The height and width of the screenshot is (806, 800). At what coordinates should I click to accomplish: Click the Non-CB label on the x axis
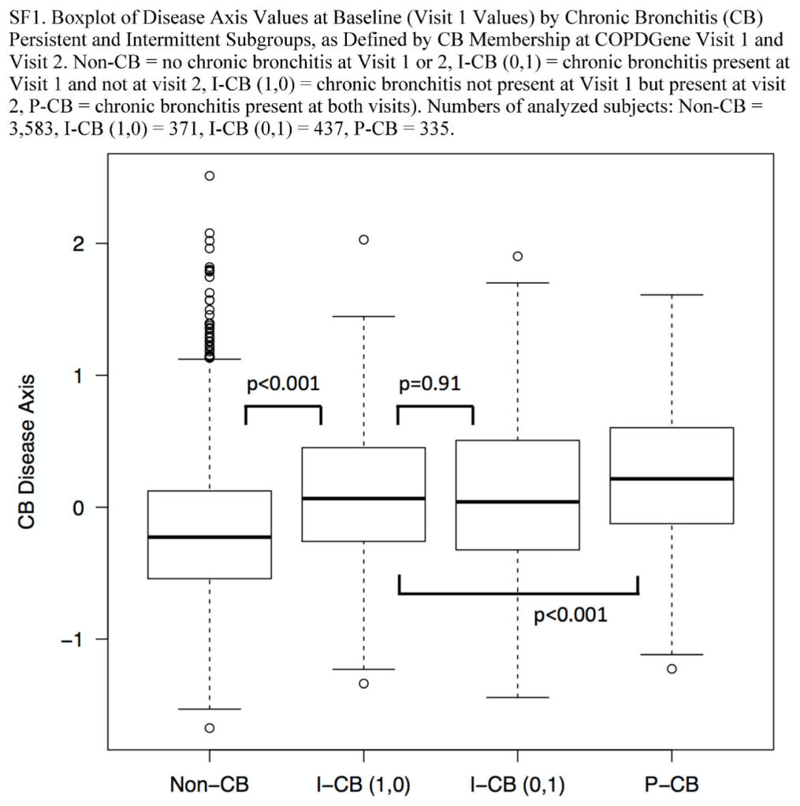[209, 785]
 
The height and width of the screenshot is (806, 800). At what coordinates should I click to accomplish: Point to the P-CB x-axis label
[672, 785]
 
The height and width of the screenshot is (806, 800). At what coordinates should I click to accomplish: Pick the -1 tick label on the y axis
[73, 639]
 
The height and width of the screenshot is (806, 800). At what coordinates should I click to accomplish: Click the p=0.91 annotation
[430, 384]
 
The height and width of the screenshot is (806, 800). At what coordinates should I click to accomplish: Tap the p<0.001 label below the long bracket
[571, 615]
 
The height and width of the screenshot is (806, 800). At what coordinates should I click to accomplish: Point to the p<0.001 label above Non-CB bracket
[283, 384]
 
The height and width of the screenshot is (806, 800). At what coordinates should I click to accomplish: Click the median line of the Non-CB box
[210, 537]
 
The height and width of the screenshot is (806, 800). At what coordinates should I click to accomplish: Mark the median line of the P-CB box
[672, 478]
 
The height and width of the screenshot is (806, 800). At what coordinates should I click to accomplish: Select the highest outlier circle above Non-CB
[210, 176]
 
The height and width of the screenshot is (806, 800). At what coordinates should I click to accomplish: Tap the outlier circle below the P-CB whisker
[672, 669]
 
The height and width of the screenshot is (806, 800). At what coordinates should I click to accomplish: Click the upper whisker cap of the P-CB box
[672, 295]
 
